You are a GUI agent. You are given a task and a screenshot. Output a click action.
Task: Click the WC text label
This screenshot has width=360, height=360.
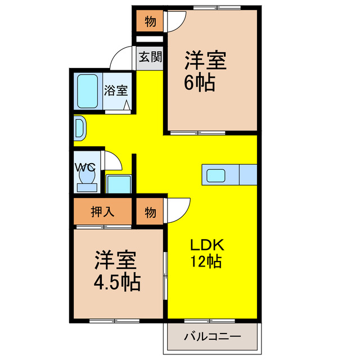tap(85, 167)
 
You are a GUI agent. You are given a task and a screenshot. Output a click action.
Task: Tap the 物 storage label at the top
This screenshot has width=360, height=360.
tap(150, 22)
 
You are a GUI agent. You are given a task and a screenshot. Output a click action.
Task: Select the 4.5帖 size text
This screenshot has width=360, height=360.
tap(116, 282)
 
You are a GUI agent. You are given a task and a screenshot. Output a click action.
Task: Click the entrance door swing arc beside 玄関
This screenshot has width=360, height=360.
tap(121, 57)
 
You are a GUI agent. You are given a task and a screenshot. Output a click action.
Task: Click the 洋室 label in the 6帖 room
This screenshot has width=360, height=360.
tap(206, 60)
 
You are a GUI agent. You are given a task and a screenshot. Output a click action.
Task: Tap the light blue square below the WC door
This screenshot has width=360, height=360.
tap(119, 184)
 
